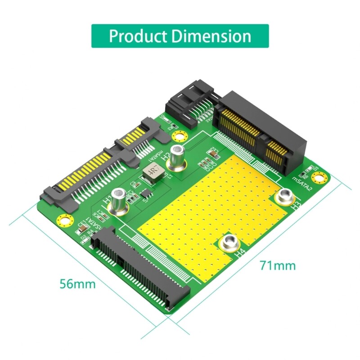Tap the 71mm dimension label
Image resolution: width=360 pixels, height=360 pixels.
[278, 265]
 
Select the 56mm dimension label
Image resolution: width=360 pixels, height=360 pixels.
[78, 284]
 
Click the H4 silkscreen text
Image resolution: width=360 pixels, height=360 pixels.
[240, 254]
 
